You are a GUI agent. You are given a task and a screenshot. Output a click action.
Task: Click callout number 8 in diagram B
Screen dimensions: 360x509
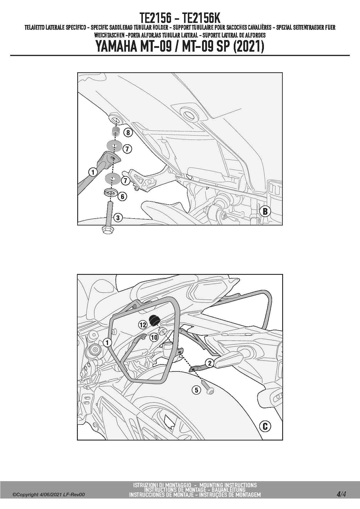(128, 133)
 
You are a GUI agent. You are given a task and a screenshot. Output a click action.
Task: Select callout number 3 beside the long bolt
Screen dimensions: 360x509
(118, 217)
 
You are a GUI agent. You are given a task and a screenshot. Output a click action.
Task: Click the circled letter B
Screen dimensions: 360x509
(265, 211)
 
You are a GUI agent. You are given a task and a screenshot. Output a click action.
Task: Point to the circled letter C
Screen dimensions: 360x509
(265, 426)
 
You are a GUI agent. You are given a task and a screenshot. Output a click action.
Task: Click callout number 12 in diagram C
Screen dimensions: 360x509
(143, 325)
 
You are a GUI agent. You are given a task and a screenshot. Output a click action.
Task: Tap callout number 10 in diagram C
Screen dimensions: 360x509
(154, 337)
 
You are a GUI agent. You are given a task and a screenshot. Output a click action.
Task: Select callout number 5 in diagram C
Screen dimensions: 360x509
(197, 390)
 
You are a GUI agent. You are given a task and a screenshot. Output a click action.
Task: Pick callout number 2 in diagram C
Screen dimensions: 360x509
(210, 363)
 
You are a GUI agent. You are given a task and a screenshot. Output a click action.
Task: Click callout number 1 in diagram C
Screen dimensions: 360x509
(107, 342)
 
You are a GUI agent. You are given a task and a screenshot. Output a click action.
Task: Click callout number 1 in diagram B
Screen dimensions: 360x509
(93, 172)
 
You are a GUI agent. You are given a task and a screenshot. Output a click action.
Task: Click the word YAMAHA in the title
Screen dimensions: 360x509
(116, 46)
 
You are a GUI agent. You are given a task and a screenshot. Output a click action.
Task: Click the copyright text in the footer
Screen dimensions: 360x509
(48, 494)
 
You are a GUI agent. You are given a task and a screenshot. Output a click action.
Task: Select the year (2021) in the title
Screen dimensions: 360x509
(249, 46)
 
